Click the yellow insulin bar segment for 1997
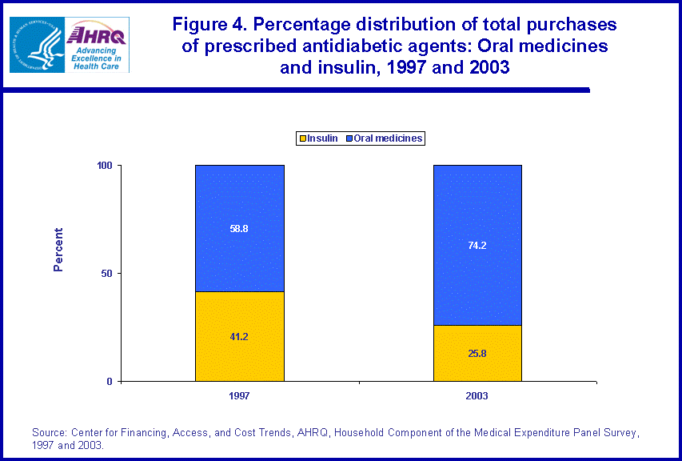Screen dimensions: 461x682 240,352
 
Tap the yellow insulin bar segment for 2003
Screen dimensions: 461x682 477,364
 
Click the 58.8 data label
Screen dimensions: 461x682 240,228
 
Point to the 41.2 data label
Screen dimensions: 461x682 240,337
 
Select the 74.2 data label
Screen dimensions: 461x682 477,246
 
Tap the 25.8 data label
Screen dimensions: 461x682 477,353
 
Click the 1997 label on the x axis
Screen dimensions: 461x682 240,396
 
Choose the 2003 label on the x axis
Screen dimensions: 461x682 477,396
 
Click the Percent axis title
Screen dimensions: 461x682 58,251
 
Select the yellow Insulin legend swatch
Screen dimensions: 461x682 302,138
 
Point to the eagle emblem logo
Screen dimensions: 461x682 35,44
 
